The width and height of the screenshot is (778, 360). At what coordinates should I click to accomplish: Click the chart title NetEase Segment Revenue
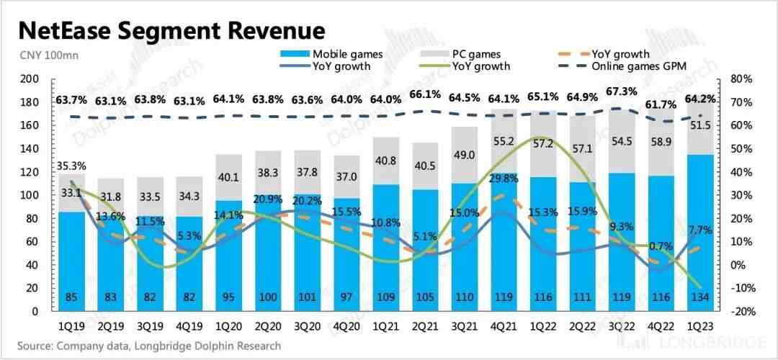(x=171, y=30)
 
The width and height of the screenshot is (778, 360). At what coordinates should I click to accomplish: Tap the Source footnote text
(x=149, y=346)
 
